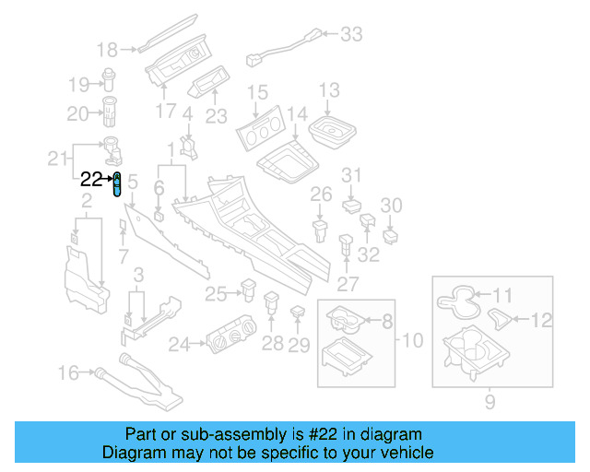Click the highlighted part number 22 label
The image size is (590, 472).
point(91,179)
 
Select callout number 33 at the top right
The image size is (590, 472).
point(351,35)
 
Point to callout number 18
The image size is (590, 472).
point(108,50)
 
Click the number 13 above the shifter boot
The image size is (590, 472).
point(329,90)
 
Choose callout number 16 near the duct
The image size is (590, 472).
point(69,373)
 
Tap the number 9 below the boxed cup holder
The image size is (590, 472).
point(490,401)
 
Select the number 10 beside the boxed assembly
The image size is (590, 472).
point(412,340)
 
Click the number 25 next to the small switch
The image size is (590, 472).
point(216,294)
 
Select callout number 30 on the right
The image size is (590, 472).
point(392,205)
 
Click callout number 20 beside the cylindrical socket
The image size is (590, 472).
point(77,113)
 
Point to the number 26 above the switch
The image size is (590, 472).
point(320,195)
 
